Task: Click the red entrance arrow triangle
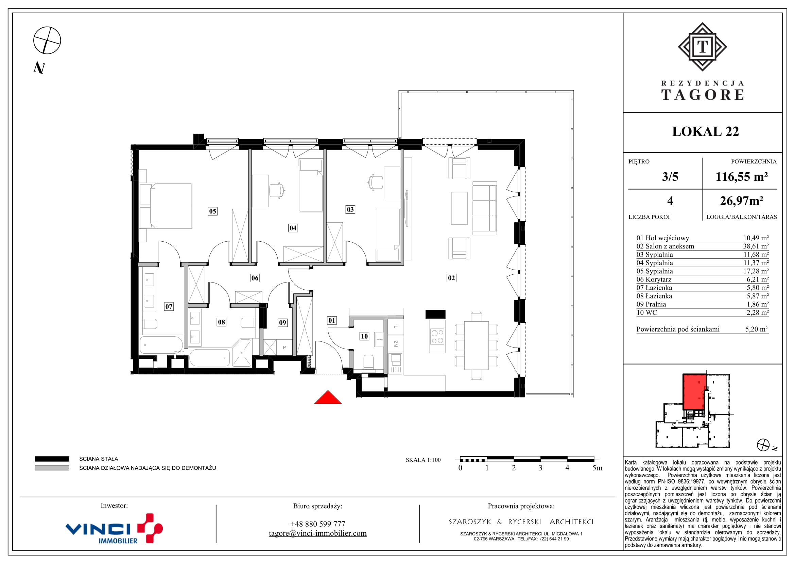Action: (x=328, y=398)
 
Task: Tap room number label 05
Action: (x=212, y=211)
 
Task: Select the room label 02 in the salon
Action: (x=451, y=278)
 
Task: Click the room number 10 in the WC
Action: (x=364, y=336)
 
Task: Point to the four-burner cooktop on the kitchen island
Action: (x=437, y=336)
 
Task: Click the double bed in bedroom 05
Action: (x=166, y=206)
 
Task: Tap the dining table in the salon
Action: (x=476, y=345)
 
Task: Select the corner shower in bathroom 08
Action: (x=242, y=353)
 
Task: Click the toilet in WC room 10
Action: (x=368, y=363)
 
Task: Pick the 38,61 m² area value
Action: (x=756, y=246)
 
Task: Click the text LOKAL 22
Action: (x=705, y=131)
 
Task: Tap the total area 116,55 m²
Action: (x=742, y=177)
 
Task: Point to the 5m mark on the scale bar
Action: (x=597, y=468)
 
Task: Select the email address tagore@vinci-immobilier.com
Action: (x=317, y=533)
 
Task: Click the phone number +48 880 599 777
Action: (x=317, y=524)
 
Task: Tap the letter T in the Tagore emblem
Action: (x=702, y=46)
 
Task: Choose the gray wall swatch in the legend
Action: (x=52, y=468)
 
